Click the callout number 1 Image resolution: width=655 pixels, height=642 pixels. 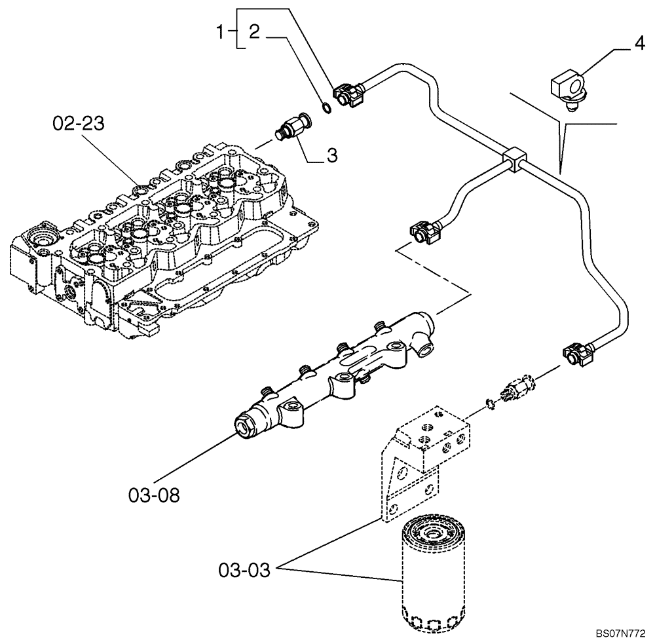coord(223,30)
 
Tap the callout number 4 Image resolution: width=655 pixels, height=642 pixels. coord(639,45)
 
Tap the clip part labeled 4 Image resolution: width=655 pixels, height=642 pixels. coord(567,89)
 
